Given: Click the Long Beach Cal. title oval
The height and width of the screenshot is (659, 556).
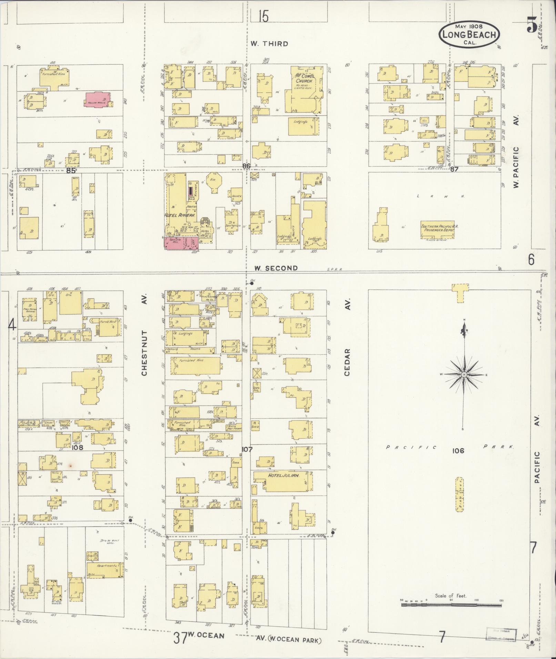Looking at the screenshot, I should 469,35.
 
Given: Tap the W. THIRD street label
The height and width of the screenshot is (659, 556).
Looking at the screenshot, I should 269,43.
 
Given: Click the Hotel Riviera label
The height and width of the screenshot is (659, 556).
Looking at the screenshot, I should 182,215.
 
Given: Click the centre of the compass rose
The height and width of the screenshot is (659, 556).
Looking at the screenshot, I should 464,374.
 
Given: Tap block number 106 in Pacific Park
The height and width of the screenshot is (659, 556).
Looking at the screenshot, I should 459,451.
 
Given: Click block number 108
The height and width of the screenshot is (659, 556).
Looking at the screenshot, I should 78,448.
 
